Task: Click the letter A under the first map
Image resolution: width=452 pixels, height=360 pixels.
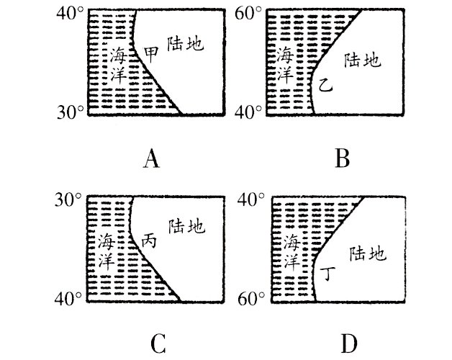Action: point(150,158)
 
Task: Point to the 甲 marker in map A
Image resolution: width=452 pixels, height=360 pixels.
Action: point(152,54)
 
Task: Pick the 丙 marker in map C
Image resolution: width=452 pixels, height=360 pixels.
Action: point(149,240)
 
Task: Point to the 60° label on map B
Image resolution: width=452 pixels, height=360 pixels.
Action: point(252,14)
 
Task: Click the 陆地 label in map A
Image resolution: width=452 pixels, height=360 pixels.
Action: point(184,43)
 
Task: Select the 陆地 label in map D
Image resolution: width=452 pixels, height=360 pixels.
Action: point(367,253)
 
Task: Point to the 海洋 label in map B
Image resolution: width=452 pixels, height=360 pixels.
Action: point(286,64)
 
